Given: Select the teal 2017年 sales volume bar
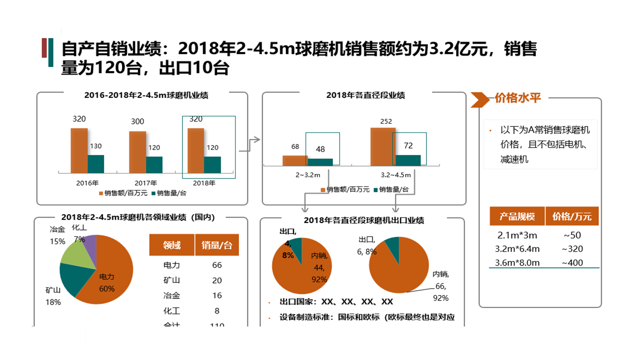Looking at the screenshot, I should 154,164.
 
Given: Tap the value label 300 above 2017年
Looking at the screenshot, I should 137,121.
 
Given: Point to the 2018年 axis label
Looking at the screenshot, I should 204,183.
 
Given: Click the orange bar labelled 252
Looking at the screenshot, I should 383,146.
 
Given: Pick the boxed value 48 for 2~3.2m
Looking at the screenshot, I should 320,149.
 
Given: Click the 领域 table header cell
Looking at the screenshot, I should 172,245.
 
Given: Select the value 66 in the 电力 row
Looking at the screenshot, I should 217,265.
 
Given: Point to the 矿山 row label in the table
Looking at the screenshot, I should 172,280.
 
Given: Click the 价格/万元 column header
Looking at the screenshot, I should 572,216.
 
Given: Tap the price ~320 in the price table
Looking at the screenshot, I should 572,249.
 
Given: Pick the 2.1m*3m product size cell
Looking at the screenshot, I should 517,235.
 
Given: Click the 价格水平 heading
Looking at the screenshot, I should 518,98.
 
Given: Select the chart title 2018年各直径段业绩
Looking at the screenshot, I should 365,95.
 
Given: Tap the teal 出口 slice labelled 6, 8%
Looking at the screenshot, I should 393,246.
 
